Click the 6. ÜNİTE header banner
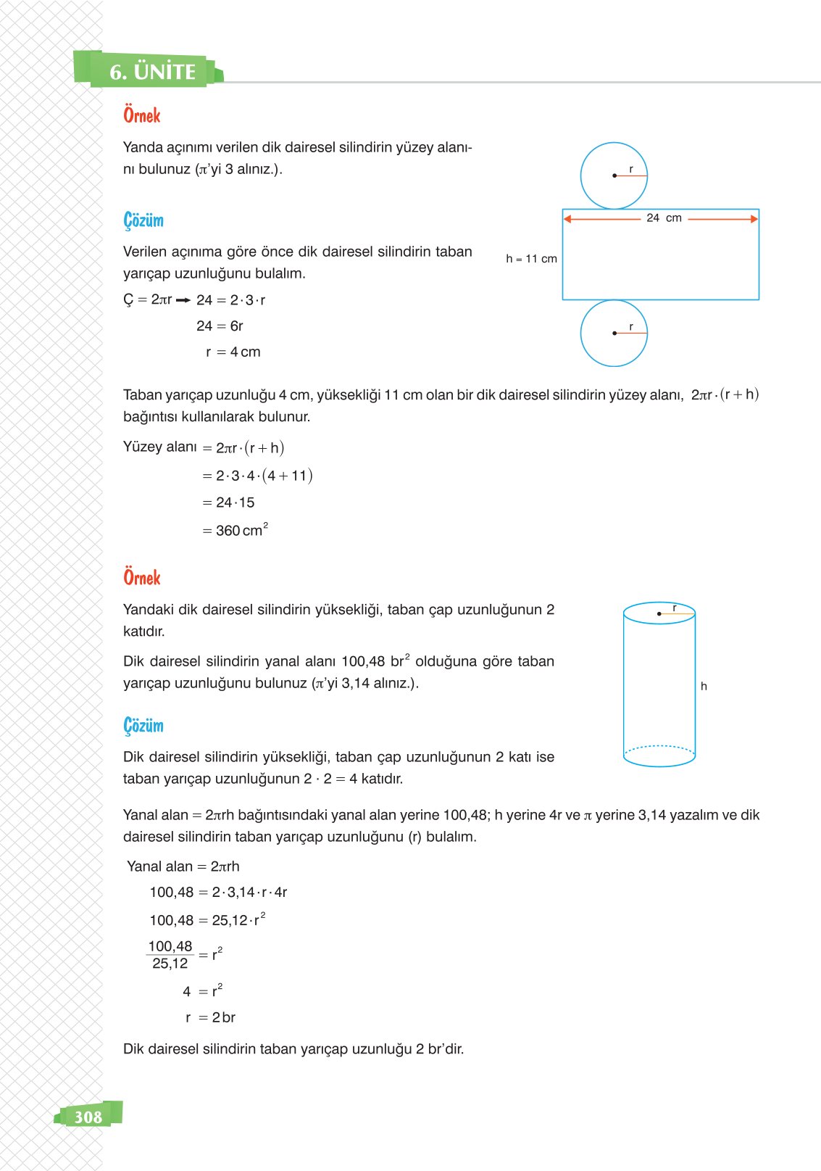click(152, 72)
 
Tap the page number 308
click(88, 1117)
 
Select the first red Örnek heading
click(142, 115)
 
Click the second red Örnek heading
click(142, 578)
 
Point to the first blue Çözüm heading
click(143, 220)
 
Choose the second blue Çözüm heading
click(143, 726)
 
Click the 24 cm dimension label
click(664, 218)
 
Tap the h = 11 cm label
click(531, 259)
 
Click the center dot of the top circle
click(614, 175)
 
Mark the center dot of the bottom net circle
click(614, 334)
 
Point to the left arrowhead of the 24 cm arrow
click(568, 219)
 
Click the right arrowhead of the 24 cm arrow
click(754, 219)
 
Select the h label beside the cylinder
click(704, 686)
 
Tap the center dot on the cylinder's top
click(659, 614)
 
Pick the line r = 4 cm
click(233, 352)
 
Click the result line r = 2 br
click(211, 1017)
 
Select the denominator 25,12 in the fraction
click(170, 964)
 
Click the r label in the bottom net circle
click(631, 327)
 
